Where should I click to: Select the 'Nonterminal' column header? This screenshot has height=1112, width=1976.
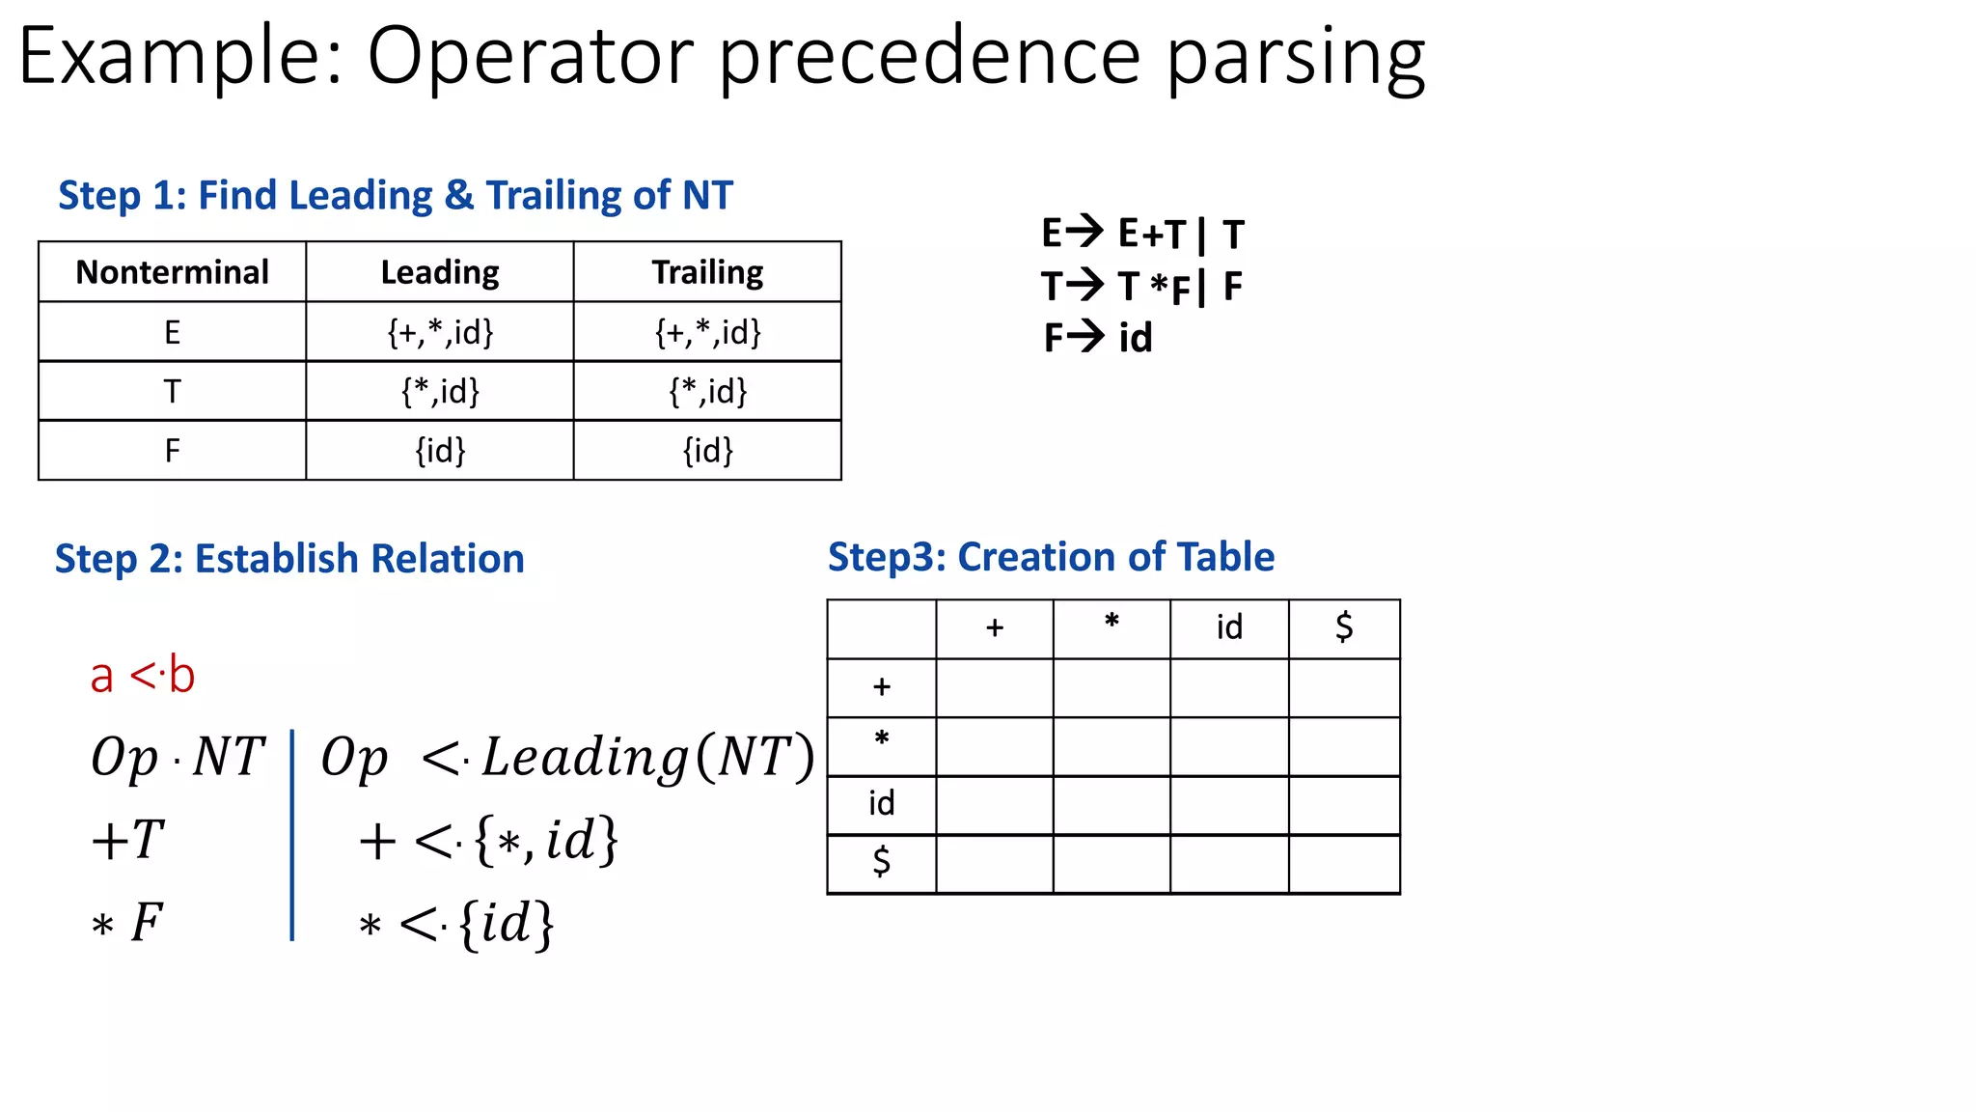[172, 272]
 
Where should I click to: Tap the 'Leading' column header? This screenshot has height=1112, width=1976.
[440, 272]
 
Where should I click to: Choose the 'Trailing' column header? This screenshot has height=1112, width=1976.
[707, 272]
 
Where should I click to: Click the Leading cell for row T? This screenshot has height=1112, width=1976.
[440, 391]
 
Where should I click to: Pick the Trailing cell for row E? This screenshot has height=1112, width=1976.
[707, 332]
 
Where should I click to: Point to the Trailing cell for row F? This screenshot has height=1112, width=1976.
[707, 450]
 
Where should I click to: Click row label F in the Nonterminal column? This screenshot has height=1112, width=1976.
[172, 450]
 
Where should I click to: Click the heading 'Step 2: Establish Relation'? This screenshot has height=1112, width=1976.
[289, 559]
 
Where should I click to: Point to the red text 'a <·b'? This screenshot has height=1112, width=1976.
[143, 675]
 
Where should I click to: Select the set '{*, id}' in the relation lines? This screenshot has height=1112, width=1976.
[545, 840]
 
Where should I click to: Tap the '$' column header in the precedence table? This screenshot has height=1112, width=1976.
[1344, 628]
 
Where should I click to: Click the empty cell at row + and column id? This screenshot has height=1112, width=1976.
[1229, 687]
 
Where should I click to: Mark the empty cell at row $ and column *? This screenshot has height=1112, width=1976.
[1111, 864]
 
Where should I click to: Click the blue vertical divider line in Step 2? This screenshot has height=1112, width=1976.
[291, 835]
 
